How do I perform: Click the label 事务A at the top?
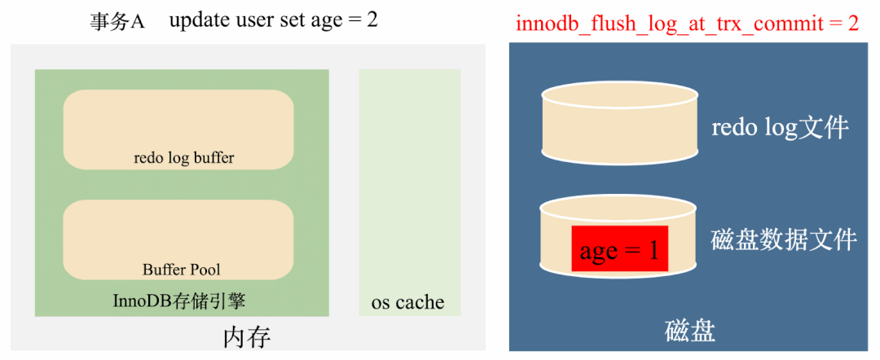tap(117, 21)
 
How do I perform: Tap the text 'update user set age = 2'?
tap(273, 20)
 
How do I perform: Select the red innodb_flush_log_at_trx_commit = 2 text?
tap(687, 22)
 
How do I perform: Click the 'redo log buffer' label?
tap(183, 158)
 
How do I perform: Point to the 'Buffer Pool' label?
tap(181, 269)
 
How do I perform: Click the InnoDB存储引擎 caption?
tap(179, 301)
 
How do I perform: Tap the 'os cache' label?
tap(407, 302)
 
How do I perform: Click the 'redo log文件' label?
tap(780, 128)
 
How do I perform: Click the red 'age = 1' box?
tap(619, 249)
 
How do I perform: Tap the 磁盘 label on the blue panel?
tap(690, 331)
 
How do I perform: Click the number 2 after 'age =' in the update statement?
tap(372, 20)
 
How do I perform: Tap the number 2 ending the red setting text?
tap(853, 22)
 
